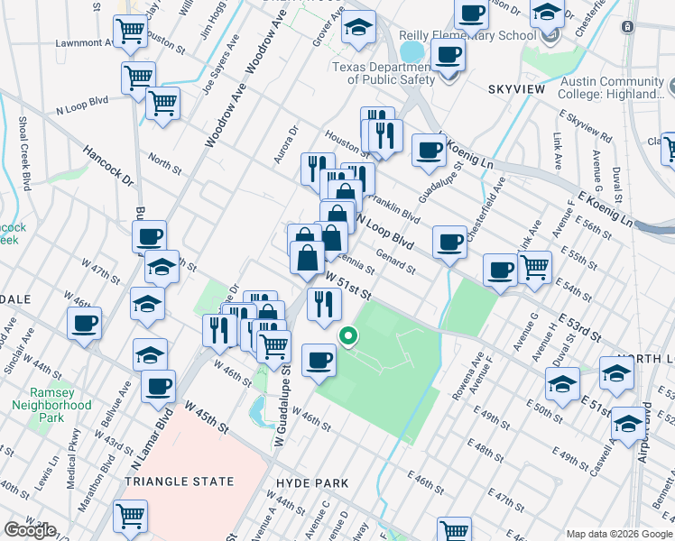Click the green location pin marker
coord(347,337)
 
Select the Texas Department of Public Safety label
coord(387,73)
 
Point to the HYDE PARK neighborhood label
coord(312,483)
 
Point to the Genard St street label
coord(395,263)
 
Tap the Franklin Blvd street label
coord(397,212)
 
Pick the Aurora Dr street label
coord(286,144)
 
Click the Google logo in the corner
coord(30,530)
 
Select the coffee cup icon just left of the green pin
coord(318,360)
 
